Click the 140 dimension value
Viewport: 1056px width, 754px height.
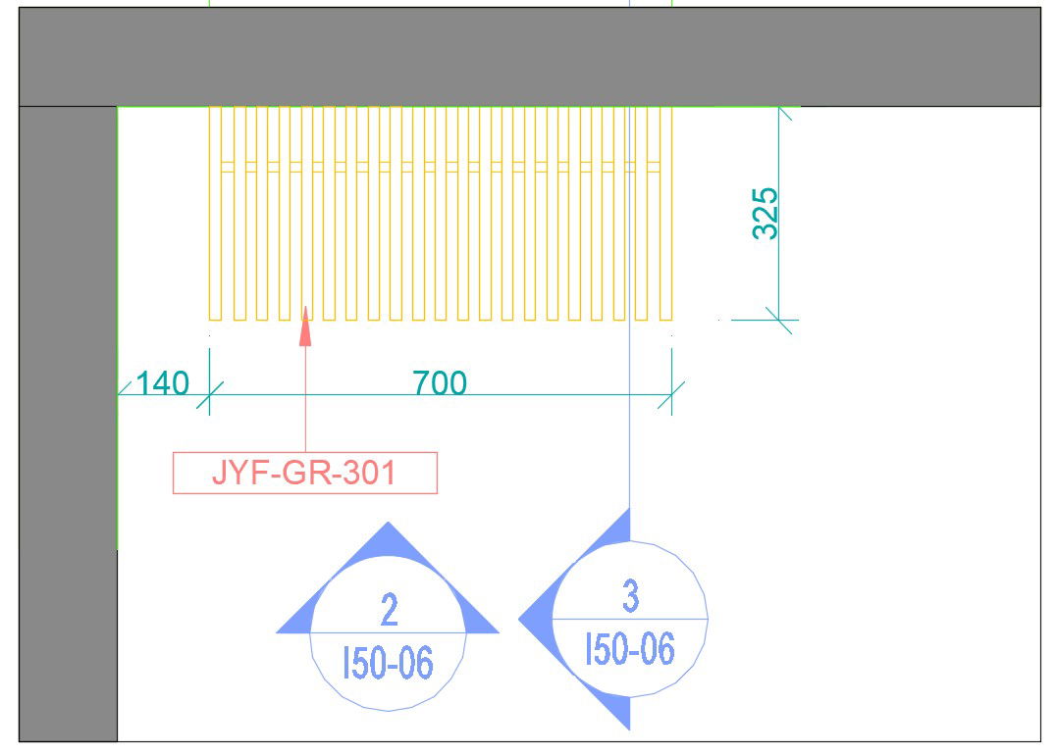[x=162, y=382]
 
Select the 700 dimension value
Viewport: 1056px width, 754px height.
[x=440, y=382]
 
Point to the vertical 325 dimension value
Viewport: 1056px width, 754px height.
[x=766, y=213]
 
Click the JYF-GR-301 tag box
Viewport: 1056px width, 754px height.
[x=305, y=473]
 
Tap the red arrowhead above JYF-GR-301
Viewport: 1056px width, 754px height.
[x=305, y=327]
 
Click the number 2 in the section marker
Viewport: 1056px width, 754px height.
[x=390, y=610]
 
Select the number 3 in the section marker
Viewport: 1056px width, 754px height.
[x=630, y=596]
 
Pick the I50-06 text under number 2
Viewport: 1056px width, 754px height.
[x=388, y=662]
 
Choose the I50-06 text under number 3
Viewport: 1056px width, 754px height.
[x=630, y=648]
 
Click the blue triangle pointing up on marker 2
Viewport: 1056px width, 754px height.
[x=388, y=538]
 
